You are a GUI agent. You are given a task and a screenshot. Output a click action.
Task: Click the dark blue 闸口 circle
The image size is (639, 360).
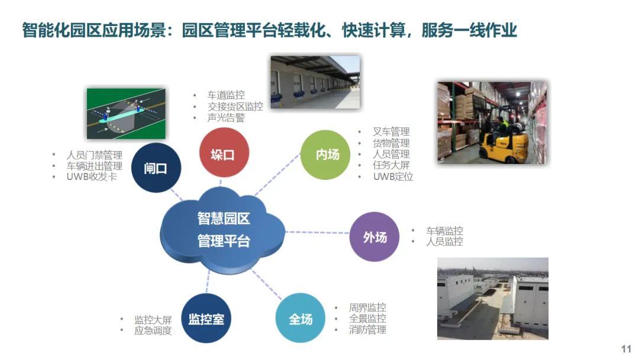(x=156, y=168)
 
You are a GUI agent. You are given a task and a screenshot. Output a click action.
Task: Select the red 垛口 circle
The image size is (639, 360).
(x=223, y=153)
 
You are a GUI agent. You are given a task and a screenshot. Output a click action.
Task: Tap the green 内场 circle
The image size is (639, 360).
(x=326, y=155)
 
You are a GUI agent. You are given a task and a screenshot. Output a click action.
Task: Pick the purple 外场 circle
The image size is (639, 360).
(x=374, y=237)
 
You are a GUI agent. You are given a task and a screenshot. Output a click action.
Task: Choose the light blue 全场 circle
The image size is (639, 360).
(x=300, y=319)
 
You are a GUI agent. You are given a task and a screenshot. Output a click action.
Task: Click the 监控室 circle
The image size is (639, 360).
(x=206, y=319)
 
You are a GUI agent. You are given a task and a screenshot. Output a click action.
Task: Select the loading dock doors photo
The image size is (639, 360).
(x=315, y=82)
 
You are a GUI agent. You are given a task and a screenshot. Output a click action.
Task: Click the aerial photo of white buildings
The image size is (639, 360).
(x=492, y=298)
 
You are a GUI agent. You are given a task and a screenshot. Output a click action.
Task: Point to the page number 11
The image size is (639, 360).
(x=626, y=349)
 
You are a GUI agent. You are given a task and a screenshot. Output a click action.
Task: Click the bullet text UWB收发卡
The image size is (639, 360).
(x=92, y=177)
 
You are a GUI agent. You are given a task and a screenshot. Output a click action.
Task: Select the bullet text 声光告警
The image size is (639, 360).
(x=225, y=118)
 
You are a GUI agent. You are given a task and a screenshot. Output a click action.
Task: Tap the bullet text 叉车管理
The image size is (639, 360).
(x=390, y=131)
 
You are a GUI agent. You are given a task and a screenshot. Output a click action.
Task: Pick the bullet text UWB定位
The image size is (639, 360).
(x=392, y=176)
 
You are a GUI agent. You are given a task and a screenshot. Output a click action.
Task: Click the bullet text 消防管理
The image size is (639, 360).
(x=367, y=330)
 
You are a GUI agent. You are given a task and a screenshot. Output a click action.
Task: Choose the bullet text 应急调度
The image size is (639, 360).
(x=153, y=330)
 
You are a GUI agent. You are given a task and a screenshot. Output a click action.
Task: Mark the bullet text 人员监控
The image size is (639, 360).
(x=444, y=242)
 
